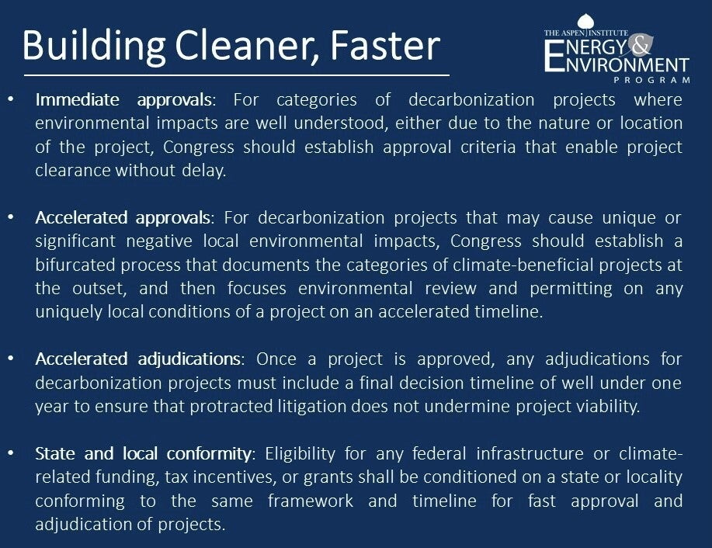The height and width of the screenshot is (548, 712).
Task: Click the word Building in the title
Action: (94, 47)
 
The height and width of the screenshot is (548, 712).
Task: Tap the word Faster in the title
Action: (385, 45)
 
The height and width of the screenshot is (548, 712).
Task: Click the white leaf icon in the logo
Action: (585, 22)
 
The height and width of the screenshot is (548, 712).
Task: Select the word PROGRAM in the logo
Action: (652, 80)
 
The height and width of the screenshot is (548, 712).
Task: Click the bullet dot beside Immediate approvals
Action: (11, 99)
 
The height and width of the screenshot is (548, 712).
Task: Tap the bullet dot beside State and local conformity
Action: (11, 453)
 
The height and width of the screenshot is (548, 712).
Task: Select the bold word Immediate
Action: (77, 99)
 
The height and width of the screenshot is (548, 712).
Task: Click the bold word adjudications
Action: (189, 359)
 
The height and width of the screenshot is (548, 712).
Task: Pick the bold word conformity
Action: (208, 453)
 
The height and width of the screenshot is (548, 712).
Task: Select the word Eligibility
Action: (300, 453)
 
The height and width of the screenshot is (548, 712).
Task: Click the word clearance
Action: (73, 170)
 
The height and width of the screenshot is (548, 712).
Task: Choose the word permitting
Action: (571, 288)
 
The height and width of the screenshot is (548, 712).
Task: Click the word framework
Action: (310, 501)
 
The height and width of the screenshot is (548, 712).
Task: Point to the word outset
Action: (99, 288)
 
